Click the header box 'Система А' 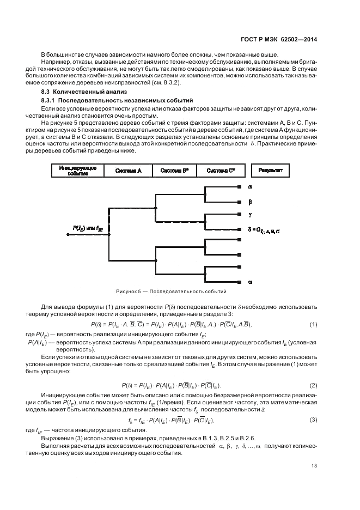(x=129, y=171)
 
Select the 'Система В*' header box (x=174, y=171)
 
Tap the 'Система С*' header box (x=221, y=171)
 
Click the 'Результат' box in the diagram (x=270, y=171)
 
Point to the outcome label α (x=250, y=187)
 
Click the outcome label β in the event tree (x=250, y=201)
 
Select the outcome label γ (x=250, y=215)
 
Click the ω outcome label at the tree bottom (x=250, y=282)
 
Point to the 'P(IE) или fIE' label (x=88, y=229)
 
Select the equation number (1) (x=314, y=325)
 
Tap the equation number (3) (x=314, y=420)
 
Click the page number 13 (x=314, y=465)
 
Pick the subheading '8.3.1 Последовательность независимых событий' (x=109, y=101)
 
